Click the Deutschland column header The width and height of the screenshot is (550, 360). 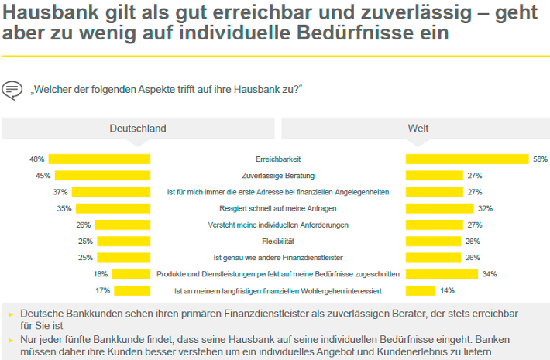point(137,129)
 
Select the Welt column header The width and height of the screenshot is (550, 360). point(418,129)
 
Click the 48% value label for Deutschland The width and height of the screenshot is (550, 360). point(36,159)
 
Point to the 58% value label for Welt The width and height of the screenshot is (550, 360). point(541,159)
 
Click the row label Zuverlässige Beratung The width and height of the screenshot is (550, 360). point(278,175)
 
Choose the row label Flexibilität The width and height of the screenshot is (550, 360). point(278,241)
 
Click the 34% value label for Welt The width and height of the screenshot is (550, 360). point(490,274)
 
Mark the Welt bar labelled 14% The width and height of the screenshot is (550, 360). point(421,290)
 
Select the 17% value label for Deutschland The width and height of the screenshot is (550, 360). point(102,290)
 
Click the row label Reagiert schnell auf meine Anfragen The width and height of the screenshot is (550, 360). point(278,208)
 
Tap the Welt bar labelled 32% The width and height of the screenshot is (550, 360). point(439,208)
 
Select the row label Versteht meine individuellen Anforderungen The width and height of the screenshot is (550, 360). point(278,225)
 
